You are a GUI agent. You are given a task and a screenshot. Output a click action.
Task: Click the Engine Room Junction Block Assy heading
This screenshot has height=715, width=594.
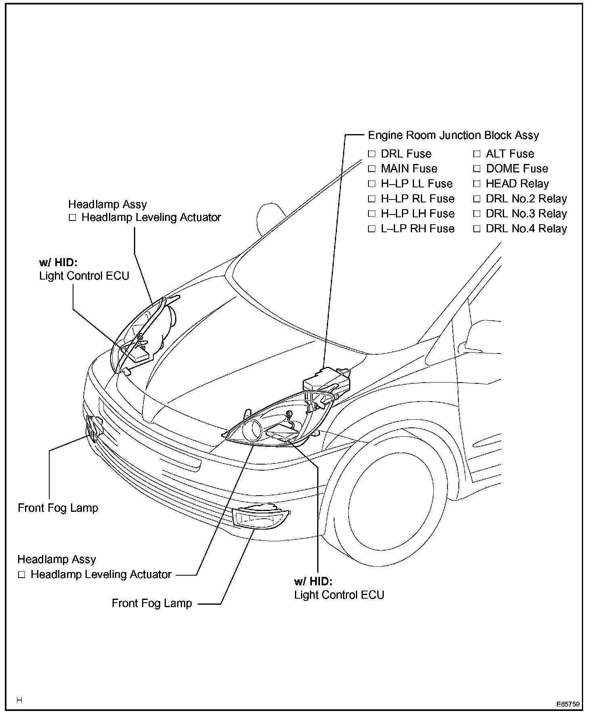point(453,135)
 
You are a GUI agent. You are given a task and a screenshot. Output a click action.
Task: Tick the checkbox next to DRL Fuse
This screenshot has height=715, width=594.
point(372,154)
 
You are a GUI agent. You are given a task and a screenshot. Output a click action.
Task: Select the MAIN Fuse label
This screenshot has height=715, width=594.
point(409,168)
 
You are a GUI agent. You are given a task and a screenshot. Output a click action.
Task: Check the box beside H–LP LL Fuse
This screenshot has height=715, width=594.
point(372,184)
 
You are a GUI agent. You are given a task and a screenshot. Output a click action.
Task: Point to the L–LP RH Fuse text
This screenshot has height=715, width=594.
point(418,229)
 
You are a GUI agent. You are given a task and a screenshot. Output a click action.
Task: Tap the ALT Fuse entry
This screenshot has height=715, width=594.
point(510,154)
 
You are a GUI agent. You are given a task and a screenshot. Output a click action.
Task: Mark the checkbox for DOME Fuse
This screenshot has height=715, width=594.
point(477,169)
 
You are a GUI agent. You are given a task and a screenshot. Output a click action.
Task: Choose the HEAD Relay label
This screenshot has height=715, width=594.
point(517,184)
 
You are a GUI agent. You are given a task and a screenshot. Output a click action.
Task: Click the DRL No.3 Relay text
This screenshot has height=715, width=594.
point(526,214)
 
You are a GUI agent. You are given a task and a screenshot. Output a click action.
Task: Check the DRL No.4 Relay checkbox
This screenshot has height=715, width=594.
point(477,229)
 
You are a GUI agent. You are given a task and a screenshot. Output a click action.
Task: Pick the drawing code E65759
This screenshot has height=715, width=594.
point(568,704)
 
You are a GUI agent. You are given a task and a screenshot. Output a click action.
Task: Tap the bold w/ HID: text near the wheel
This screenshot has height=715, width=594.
point(313,582)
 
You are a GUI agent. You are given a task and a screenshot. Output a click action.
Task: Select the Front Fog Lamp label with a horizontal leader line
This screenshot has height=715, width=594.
point(152,604)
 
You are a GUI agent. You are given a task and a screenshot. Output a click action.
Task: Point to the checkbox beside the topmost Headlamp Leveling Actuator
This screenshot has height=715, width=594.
point(72,218)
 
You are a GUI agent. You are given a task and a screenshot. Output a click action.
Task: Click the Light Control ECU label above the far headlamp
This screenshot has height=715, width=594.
point(84,276)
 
